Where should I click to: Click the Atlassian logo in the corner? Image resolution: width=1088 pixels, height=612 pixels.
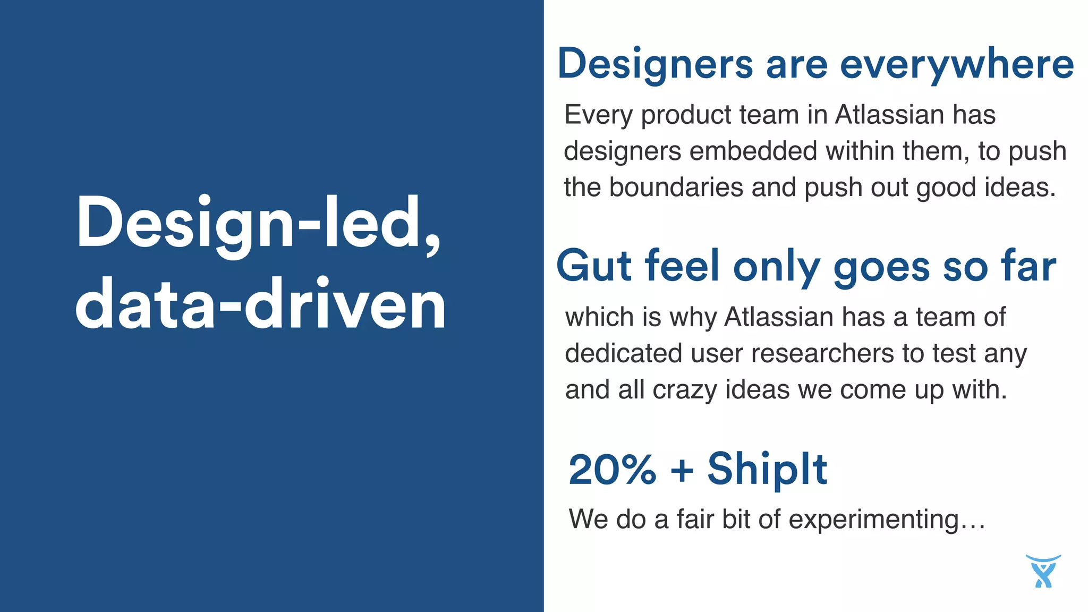(1043, 571)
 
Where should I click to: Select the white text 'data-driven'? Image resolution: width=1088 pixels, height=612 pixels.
(260, 305)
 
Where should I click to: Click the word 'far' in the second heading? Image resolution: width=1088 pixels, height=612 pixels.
(1028, 266)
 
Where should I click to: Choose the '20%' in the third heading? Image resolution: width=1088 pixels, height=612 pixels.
(613, 470)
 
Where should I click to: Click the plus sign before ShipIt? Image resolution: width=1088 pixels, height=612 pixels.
(682, 471)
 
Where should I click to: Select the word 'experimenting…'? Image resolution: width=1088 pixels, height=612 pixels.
(887, 519)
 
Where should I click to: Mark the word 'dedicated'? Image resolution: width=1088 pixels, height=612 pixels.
(623, 353)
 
